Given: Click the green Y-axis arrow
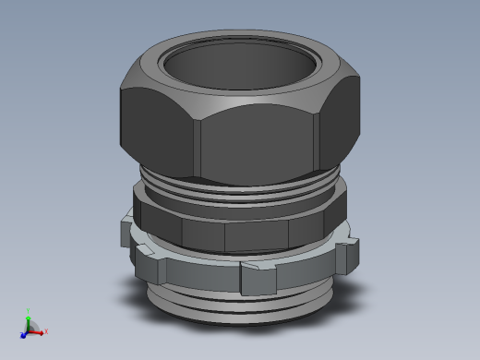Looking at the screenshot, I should coord(29,318).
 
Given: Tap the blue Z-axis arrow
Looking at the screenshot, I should coord(24,335).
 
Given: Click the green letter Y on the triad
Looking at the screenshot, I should coord(29,311).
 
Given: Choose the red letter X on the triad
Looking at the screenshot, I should coord(46,331).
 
